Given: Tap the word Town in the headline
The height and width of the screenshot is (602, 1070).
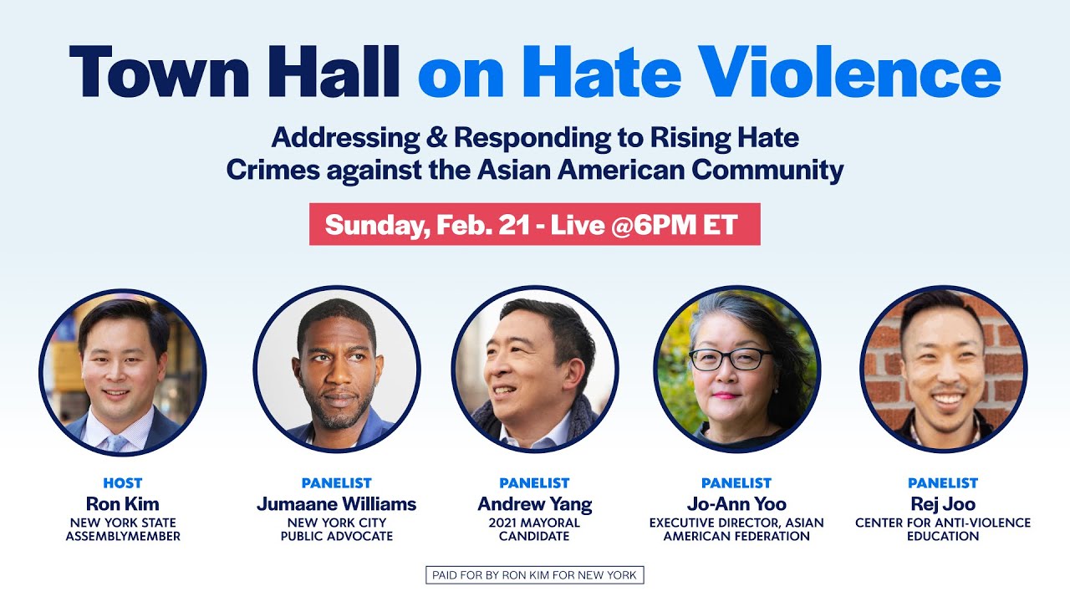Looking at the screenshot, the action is point(159,72).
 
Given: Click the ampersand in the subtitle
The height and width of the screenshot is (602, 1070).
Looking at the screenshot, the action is point(436,137).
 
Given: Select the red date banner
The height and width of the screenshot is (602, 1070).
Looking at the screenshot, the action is point(534,224).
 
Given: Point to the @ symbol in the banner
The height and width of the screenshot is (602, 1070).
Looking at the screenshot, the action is point(622,225).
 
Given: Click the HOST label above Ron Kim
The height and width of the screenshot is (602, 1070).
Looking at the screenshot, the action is point(123,483).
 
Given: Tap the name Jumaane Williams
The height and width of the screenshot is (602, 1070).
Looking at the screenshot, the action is point(336,503).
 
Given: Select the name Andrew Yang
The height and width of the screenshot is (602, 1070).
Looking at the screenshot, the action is point(534,504).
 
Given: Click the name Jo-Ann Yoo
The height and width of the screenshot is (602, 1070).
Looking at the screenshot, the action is point(736,503).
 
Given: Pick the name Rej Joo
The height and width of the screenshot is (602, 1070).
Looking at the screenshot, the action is point(943,504).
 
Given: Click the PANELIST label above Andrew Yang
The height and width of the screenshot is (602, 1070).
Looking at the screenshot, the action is point(534,483).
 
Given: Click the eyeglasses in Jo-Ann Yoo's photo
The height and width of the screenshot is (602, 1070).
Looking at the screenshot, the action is point(730,360).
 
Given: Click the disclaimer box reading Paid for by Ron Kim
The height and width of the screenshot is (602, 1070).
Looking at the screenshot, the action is point(534,574).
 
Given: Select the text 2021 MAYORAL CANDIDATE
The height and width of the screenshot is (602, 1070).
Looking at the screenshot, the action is point(534,529).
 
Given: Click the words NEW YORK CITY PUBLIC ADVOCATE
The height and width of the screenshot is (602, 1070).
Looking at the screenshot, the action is point(337,529).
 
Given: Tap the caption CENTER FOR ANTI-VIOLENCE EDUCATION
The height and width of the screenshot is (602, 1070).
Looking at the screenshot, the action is point(943,529).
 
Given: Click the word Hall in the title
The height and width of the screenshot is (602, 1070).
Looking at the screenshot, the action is point(333,72).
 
